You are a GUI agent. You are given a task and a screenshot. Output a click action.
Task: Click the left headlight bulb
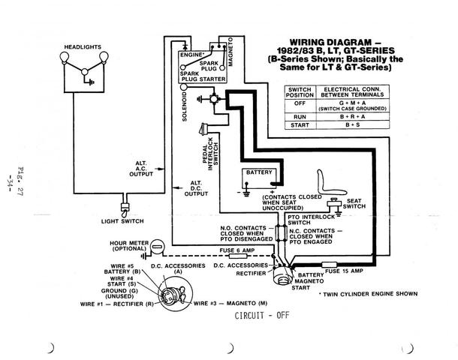point(65,56)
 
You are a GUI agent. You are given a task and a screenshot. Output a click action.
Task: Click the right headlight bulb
point(104,56)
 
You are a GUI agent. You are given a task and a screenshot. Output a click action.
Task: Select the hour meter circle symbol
point(158,247)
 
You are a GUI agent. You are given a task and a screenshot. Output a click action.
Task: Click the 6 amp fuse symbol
point(238,256)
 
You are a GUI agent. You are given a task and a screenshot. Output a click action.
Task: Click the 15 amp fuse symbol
point(330,265)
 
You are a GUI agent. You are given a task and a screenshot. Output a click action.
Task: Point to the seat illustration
point(330,182)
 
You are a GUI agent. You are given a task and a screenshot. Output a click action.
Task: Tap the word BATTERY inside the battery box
point(259,172)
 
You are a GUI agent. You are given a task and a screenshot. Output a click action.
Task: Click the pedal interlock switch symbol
point(203,129)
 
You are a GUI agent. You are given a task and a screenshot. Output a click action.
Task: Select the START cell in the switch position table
point(300,125)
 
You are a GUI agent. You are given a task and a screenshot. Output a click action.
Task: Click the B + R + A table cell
point(353,117)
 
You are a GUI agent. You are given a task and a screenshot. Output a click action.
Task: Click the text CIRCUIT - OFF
point(262,315)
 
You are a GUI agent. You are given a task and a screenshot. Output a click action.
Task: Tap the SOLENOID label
point(185,106)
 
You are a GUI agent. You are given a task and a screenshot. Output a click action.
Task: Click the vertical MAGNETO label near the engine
point(231,52)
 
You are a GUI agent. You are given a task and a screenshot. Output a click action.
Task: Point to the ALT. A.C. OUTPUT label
point(141,169)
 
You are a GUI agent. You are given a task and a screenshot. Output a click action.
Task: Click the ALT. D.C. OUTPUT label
point(196,188)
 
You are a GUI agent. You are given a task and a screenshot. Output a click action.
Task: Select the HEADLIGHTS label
point(83,47)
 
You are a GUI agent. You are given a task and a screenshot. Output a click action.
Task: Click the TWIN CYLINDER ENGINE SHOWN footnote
point(369,294)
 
